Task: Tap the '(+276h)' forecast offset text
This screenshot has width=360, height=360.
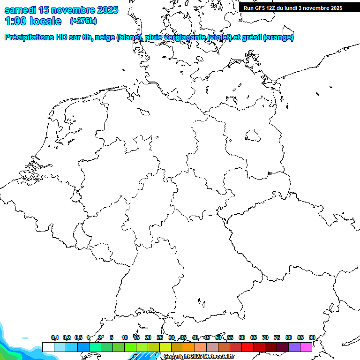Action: coord(83,21)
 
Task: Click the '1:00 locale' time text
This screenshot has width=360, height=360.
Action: coord(33,21)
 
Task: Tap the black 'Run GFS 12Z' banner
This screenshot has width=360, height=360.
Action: coord(293,8)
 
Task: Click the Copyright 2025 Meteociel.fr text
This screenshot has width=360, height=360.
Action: coord(199,357)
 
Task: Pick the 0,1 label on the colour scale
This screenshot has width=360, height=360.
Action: coord(55,337)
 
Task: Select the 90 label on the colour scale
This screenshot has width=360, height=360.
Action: coord(312,337)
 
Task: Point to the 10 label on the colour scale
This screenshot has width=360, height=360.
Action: coord(125,337)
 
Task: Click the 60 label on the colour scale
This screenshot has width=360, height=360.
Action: coord(242,337)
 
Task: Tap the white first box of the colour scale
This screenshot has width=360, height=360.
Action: coord(48,347)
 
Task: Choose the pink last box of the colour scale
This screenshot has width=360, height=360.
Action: coord(306,347)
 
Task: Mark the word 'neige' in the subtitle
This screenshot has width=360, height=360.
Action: coord(105,37)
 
